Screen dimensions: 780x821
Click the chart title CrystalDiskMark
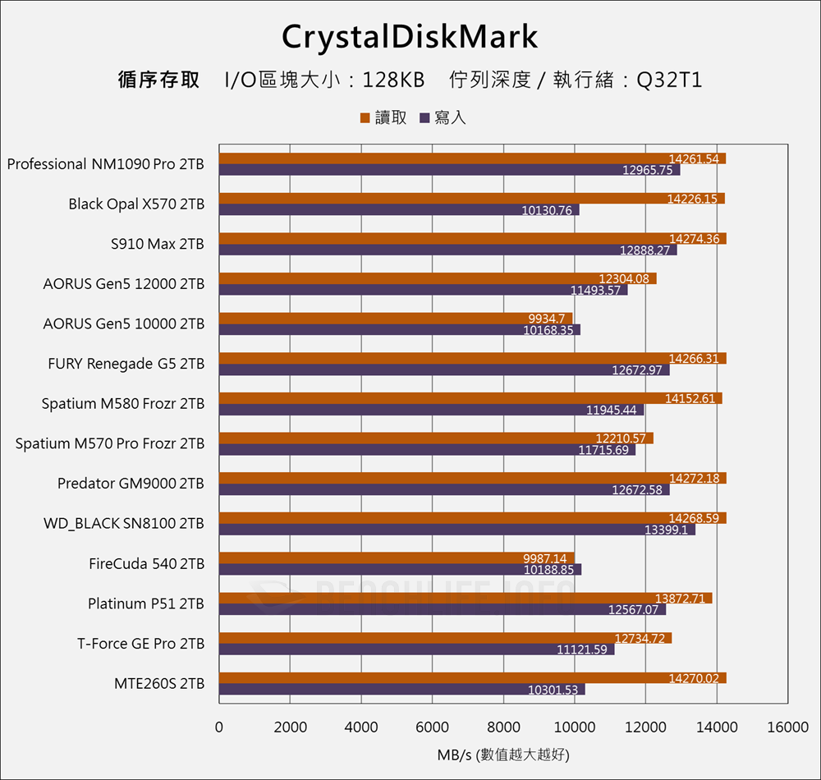(410, 37)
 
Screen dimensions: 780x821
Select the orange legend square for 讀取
(365, 118)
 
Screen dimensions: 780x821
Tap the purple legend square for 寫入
(425, 118)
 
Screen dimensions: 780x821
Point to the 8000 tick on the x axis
(502, 727)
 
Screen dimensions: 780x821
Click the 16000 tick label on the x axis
(787, 727)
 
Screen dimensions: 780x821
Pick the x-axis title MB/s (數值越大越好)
(502, 754)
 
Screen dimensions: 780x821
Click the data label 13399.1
(669, 530)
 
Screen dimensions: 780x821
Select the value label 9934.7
(547, 319)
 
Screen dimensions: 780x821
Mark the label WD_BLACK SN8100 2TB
(124, 524)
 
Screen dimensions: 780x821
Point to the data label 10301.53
(553, 690)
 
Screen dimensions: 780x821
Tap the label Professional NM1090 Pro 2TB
(106, 164)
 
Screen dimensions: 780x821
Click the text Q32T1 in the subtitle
(669, 80)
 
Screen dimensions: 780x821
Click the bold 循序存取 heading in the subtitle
(158, 80)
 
